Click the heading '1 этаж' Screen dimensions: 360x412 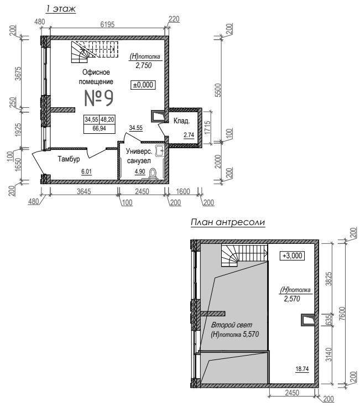tap(61, 9)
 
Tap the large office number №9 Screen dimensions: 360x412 tap(99, 98)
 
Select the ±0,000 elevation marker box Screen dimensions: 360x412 tap(143, 85)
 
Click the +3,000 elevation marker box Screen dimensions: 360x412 tap(292, 255)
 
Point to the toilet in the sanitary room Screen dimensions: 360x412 tap(153, 174)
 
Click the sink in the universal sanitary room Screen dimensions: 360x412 tap(159, 150)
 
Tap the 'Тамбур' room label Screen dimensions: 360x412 tap(69, 159)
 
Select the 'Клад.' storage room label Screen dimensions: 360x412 tap(181, 121)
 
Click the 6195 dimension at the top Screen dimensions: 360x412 tap(107, 24)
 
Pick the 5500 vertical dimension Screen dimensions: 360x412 tap(218, 90)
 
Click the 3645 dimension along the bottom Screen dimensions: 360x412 tap(84, 191)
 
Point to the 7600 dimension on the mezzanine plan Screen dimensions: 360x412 tap(342, 314)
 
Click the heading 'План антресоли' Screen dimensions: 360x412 tap(228, 222)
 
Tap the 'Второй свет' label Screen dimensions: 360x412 tap(232, 325)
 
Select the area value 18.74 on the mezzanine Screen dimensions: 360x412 tap(302, 369)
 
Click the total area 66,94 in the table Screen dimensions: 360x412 tap(100, 128)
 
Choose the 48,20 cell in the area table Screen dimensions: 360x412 tap(107, 119)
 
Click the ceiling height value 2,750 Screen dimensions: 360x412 tap(143, 65)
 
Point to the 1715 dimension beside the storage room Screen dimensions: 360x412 tap(207, 128)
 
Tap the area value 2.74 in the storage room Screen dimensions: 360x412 tap(189, 135)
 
